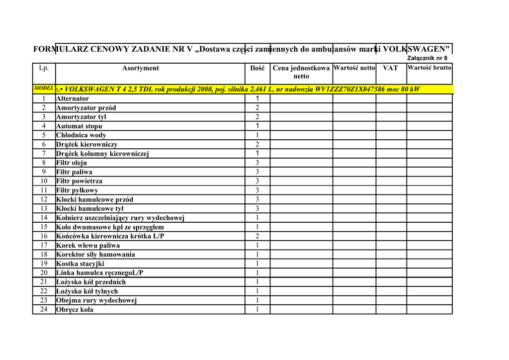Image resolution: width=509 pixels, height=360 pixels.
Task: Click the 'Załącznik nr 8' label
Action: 427,58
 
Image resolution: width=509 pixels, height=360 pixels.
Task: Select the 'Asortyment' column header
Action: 141,68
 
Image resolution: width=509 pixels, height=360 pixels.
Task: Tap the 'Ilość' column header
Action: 257,68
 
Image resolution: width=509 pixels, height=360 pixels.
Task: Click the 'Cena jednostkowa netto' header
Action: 301,72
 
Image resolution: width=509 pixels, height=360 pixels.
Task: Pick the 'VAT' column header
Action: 390,68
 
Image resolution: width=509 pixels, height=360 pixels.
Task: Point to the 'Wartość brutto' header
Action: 429,68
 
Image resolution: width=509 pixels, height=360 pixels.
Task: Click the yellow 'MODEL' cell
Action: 44,88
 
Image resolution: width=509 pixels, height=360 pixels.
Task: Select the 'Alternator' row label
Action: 73,98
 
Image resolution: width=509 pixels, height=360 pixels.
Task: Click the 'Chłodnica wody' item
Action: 81,135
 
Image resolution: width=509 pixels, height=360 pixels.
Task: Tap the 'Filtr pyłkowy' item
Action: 77,190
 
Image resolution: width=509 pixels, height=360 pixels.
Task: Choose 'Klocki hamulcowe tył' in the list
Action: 89,209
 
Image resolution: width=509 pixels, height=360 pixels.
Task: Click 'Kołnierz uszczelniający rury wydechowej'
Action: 120,218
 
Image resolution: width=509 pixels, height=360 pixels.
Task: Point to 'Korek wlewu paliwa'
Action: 88,246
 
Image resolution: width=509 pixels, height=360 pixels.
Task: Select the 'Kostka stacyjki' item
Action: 80,264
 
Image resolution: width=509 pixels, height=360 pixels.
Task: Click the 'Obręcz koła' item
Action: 75,310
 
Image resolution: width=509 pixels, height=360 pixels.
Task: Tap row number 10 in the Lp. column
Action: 44,181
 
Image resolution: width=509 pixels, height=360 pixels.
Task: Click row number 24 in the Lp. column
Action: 44,310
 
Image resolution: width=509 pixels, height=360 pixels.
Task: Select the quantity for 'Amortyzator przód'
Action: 257,108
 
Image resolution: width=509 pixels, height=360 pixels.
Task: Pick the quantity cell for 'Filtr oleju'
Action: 257,163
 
